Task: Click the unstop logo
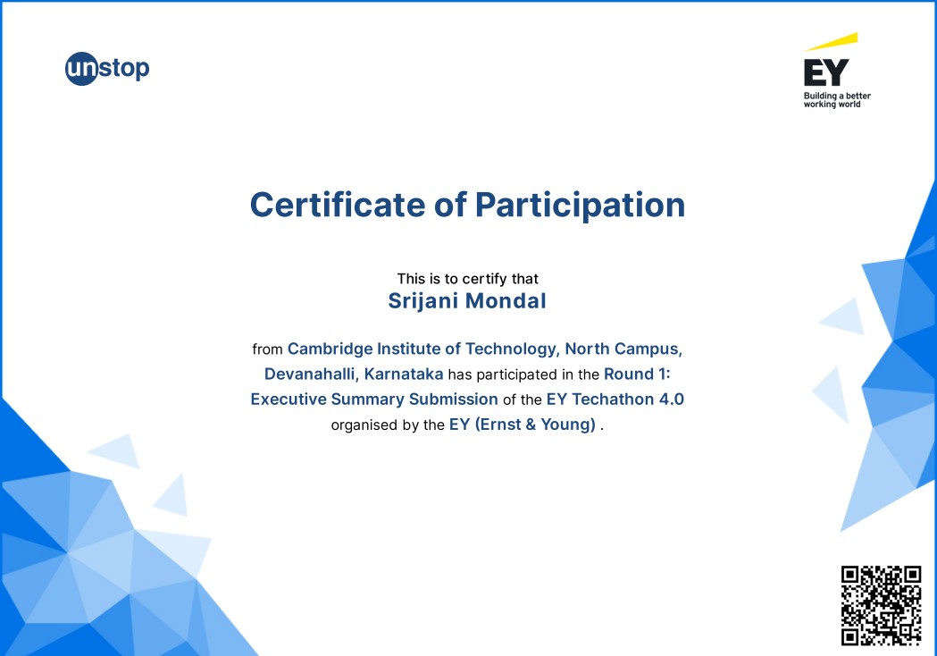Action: [107, 69]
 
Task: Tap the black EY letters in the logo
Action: [826, 72]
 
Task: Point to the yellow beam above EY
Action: [832, 42]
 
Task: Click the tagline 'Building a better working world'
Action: [837, 100]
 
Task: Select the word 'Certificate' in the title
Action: [338, 205]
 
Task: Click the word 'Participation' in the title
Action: [580, 206]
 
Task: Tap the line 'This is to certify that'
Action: [468, 279]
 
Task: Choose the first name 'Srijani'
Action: [422, 301]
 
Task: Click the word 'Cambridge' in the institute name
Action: [330, 349]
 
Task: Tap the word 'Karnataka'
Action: [404, 374]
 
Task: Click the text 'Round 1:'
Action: [637, 374]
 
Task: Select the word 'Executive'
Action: [289, 399]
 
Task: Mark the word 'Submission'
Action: [454, 399]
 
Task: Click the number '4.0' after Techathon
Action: [671, 399]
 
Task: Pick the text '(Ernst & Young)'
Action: [535, 425]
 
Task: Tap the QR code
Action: [882, 606]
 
